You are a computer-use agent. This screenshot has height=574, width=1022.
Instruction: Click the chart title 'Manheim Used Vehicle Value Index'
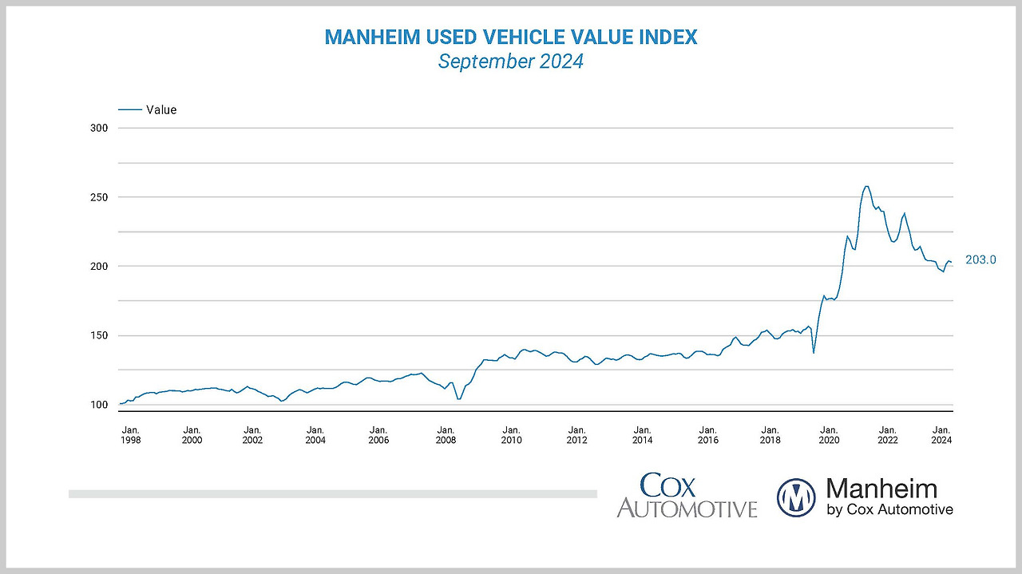coord(510,37)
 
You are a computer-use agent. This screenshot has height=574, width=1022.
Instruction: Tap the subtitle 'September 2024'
coord(510,61)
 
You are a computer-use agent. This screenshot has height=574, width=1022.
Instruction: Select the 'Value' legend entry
coord(160,110)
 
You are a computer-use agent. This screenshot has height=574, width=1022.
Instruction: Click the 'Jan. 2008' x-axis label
coord(446,434)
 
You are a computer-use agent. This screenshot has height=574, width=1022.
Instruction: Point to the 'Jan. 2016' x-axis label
coord(707,434)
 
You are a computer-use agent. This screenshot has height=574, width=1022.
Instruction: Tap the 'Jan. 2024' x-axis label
coord(941,434)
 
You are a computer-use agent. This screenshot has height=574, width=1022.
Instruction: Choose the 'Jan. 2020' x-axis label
coord(829,434)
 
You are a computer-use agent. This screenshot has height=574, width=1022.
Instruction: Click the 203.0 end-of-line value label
coord(980,259)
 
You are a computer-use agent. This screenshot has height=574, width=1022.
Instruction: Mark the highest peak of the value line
coord(866,186)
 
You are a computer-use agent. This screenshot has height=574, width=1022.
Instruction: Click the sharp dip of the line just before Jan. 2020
coord(814,353)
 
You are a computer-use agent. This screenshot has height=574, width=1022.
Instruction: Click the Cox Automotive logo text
coord(687,496)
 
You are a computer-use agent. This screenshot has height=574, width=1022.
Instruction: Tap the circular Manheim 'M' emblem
coord(796,497)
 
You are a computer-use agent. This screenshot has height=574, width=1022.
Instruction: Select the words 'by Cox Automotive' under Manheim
coord(889,509)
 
